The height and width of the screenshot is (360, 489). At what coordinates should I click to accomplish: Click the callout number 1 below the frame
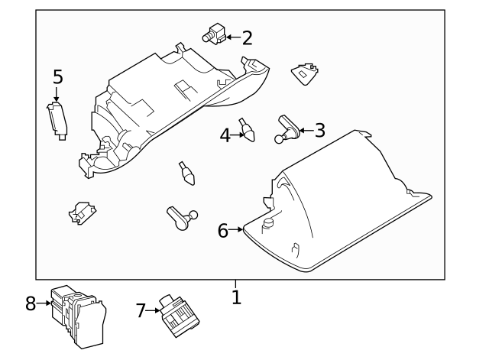(x=237, y=297)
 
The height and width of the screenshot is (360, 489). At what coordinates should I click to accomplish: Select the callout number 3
(x=319, y=130)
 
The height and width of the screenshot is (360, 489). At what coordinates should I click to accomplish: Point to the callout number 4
(x=225, y=135)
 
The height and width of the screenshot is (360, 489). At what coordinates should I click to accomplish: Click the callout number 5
(x=58, y=76)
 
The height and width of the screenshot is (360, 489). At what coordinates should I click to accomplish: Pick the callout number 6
(x=223, y=229)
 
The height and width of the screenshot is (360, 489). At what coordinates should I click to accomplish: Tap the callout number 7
(x=140, y=310)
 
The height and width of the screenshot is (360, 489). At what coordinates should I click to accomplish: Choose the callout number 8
(x=31, y=304)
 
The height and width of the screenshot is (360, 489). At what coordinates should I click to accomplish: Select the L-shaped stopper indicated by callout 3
(x=286, y=128)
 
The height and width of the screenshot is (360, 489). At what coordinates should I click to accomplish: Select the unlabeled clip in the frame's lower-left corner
(x=81, y=214)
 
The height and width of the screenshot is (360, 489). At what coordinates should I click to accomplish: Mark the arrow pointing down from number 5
(x=57, y=93)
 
